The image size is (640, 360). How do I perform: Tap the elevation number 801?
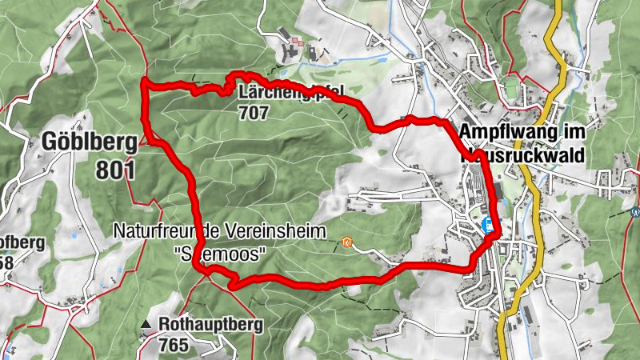pyautogui.click(x=115, y=170)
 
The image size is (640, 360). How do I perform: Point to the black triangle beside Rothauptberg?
pyautogui.click(x=146, y=325)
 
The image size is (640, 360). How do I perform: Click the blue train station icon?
pyautogui.click(x=485, y=225)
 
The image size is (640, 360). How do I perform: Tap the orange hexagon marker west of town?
pyautogui.click(x=346, y=242)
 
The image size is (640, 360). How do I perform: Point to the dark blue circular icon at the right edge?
pyautogui.click(x=635, y=213)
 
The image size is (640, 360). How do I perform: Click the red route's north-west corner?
pyautogui.click(x=144, y=82)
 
